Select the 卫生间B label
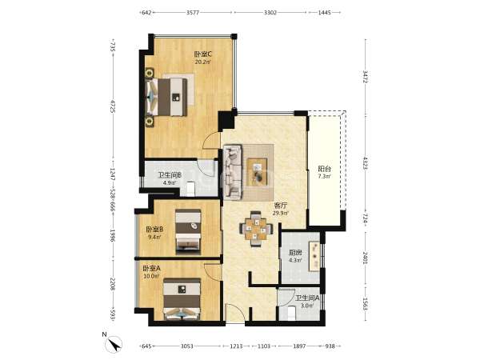[x=170, y=175]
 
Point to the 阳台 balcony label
[x=325, y=169]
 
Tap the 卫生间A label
[x=307, y=298]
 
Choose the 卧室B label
[x=154, y=229]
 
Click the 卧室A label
[x=151, y=269]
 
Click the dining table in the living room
[x=256, y=228]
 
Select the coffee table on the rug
[x=257, y=172]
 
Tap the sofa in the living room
[x=233, y=173]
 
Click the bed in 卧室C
[x=166, y=97]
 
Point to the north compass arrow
[x=114, y=344]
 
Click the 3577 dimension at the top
[x=193, y=13]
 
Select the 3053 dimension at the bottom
[x=186, y=346]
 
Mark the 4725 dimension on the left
[x=112, y=106]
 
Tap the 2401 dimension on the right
[x=366, y=258]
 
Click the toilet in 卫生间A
[x=290, y=314]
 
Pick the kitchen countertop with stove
[x=314, y=256]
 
